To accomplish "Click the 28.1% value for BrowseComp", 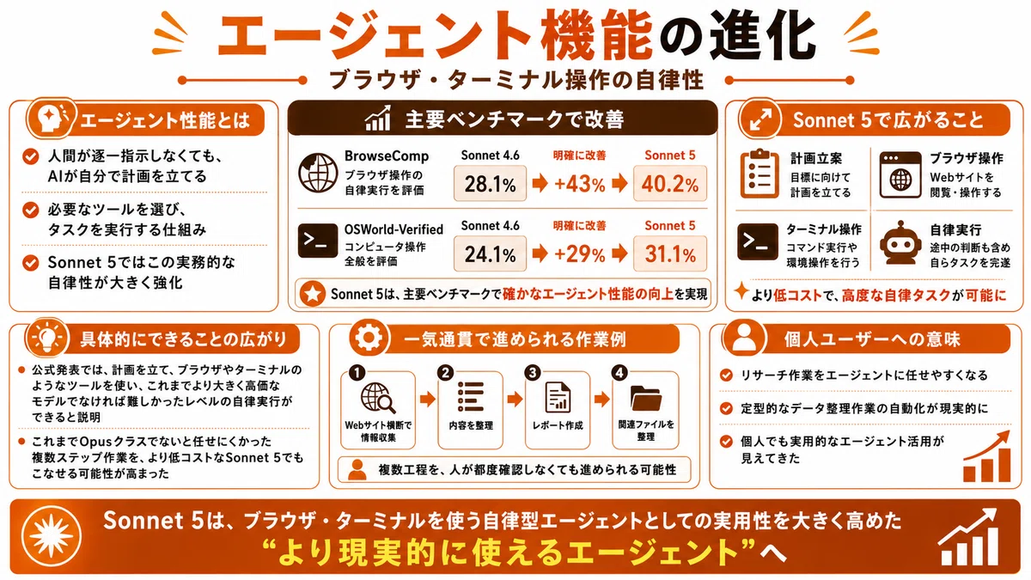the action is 490,184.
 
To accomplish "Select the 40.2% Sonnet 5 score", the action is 669,184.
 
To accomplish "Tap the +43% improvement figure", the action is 579,184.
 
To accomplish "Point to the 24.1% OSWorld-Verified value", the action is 490,254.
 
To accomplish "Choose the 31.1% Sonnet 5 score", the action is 669,254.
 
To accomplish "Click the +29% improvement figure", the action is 579,254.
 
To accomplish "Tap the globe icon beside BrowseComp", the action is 318,173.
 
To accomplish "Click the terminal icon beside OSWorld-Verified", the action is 318,241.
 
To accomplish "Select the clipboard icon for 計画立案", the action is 760,174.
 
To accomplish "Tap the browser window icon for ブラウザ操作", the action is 900,175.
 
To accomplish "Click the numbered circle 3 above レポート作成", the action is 533,372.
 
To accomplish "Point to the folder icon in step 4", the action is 646,398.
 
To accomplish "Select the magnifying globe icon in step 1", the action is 378,398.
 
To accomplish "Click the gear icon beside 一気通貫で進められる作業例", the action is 369,338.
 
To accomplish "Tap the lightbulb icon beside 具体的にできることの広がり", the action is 47,339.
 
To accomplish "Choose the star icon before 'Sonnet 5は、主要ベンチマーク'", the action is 313,294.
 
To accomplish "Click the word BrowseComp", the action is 387,156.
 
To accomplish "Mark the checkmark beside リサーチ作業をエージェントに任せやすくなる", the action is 726,375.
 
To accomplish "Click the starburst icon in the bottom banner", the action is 52,536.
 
